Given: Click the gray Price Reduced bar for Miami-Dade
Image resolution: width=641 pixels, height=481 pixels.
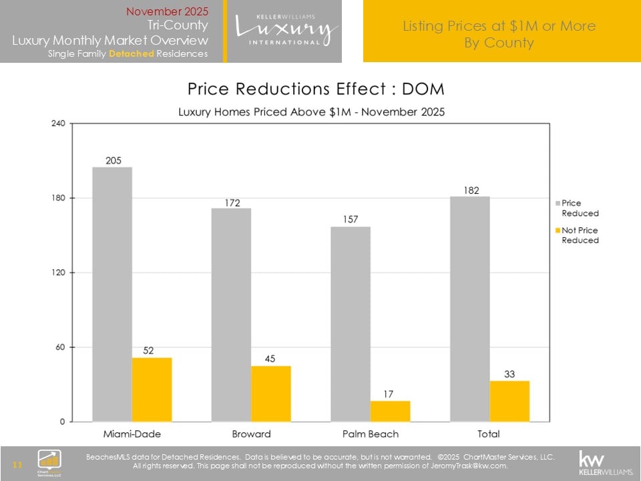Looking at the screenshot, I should click(112, 294).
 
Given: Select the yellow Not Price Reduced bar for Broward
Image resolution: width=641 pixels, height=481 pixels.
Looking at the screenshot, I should click(271, 393).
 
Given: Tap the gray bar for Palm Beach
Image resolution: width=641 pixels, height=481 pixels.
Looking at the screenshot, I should click(351, 324).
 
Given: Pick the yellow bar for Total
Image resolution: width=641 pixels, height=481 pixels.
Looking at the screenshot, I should click(509, 401).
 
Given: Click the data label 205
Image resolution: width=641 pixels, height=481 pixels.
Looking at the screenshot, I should click(113, 160).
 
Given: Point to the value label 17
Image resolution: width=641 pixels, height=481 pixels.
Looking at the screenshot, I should click(390, 394).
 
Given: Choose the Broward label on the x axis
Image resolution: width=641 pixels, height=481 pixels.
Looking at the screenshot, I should click(251, 434).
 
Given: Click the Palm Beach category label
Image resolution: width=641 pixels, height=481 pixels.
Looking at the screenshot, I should click(371, 434).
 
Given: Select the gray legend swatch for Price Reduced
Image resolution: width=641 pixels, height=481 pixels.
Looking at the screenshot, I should click(558, 203).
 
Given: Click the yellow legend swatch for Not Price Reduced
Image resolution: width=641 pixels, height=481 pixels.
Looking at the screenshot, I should click(558, 230).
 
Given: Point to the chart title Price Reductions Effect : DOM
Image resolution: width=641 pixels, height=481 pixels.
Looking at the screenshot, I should click(316, 89).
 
